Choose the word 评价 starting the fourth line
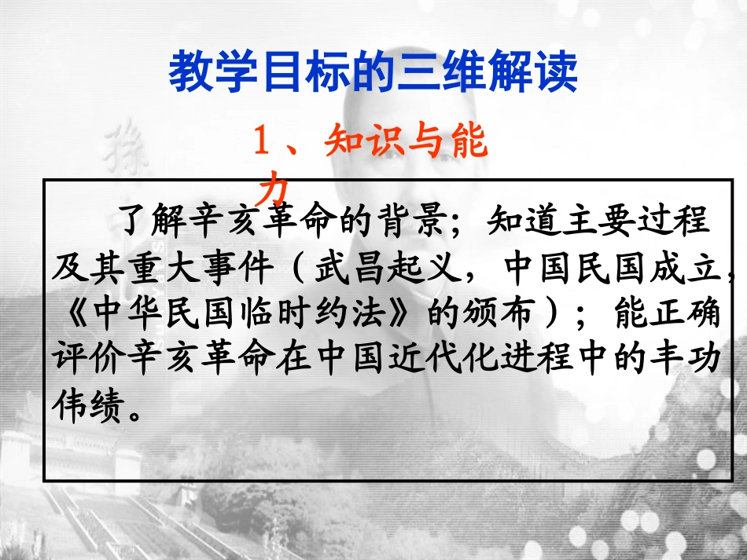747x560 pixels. pos(85,360)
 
